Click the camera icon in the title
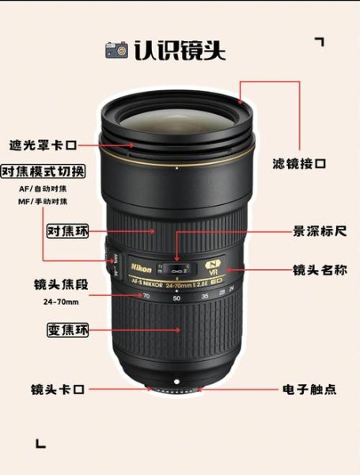point(116,50)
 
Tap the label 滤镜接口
point(299,164)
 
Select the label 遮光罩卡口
point(44,145)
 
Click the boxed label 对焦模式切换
point(44,172)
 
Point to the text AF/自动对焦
point(44,188)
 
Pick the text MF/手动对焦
point(44,203)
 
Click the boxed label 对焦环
point(67,231)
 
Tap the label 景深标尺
point(320,232)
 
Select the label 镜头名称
point(320,270)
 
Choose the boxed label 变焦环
point(67,330)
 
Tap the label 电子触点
point(309,389)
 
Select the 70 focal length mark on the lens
point(146,297)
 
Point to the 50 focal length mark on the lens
point(176,298)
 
